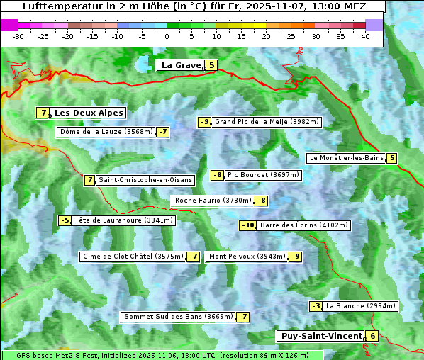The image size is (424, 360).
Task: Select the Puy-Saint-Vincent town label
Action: tap(321, 336)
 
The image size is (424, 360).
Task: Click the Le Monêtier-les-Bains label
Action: tap(346, 158)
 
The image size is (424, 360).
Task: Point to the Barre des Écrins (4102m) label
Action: tap(303, 225)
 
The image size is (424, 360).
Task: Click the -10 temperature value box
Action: tap(247, 225)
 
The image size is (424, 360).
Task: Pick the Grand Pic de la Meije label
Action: tap(267, 122)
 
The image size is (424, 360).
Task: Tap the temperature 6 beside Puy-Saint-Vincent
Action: tap(372, 336)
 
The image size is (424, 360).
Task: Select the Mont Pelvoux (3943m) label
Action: tap(247, 257)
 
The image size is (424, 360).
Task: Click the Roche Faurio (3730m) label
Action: tap(213, 201)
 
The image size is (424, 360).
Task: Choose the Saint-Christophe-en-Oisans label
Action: tap(145, 180)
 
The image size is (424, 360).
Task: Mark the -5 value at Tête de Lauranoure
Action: tap(65, 220)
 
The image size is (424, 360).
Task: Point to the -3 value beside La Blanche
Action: tap(316, 306)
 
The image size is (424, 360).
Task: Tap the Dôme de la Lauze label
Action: tap(106, 132)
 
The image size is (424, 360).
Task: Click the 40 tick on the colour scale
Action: tap(365, 35)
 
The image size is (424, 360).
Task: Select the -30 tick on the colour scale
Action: tap(18, 35)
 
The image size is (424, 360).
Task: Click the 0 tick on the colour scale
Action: tap(167, 35)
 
